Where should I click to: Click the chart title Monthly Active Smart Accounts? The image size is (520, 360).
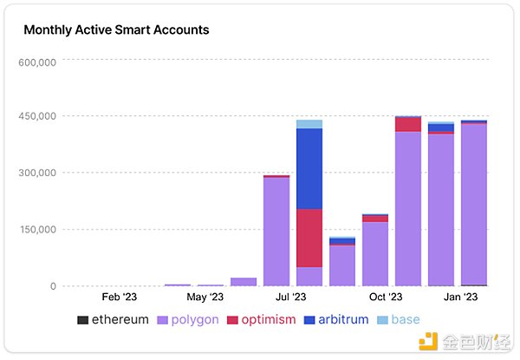pos(116,30)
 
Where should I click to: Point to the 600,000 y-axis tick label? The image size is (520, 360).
pos(36,62)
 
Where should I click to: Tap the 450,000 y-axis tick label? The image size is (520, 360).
pos(36,116)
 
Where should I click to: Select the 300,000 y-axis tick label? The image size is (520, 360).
pos(36,173)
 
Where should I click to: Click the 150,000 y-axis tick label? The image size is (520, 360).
pos(36,230)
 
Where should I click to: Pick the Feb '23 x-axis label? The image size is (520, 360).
pos(120,297)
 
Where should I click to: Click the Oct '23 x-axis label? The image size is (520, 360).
pos(385,297)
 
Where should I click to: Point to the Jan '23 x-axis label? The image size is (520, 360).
pos(459,297)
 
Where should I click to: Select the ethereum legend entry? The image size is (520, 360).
pos(113,320)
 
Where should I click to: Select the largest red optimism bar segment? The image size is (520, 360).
pos(309,238)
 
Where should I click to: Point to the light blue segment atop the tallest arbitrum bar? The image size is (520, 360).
pos(309,124)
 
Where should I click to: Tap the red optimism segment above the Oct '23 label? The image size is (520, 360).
pos(408,124)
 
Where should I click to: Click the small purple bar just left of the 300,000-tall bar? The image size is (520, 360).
pos(244,281)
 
